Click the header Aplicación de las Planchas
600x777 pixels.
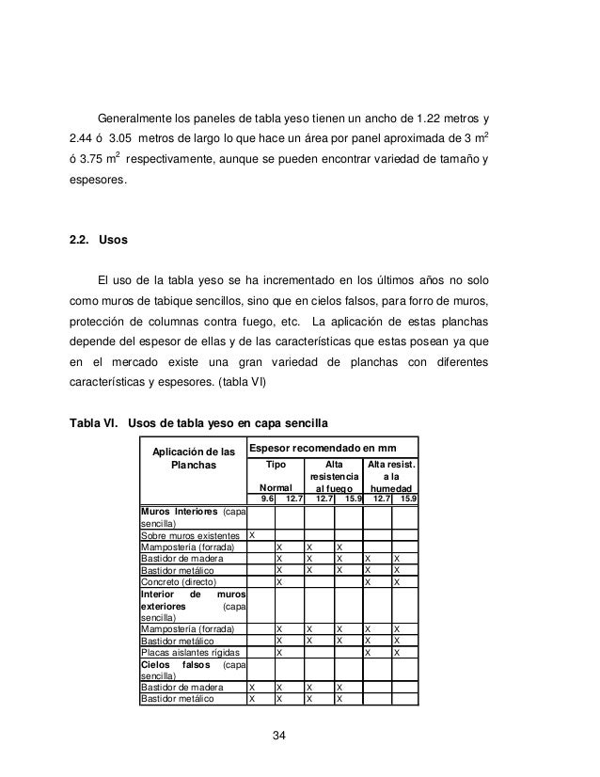[192, 458]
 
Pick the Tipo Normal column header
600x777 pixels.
[275, 476]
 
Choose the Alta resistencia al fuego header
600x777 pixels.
[334, 476]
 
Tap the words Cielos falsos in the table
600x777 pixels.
[179, 663]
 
